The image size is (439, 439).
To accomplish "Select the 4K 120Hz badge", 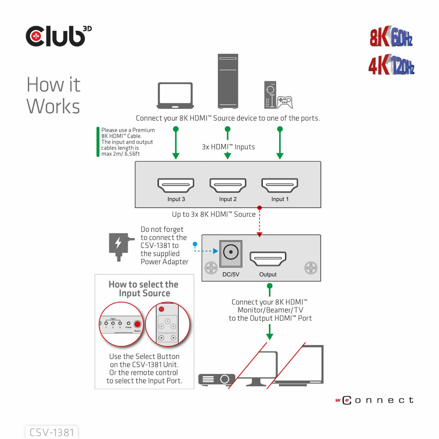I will pyautogui.click(x=391, y=65).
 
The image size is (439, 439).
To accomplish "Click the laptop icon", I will pyautogui.click(x=175, y=96).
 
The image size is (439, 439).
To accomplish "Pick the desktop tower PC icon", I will pyautogui.click(x=228, y=81).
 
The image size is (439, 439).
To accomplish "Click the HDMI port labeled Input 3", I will pyautogui.click(x=176, y=185).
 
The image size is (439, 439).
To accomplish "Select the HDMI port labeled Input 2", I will pyautogui.click(x=228, y=185).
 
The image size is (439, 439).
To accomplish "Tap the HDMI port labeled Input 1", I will pyautogui.click(x=280, y=185).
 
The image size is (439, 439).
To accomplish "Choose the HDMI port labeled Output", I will pyautogui.click(x=268, y=259).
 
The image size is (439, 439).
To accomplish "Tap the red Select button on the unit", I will pyautogui.click(x=137, y=325).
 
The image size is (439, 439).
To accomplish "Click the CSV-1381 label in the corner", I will pyautogui.click(x=52, y=432).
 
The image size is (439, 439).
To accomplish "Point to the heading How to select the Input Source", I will pyautogui.click(x=144, y=289).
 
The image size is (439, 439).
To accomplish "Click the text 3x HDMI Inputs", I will pyautogui.click(x=228, y=147).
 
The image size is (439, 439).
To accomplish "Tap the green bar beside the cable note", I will pyautogui.click(x=98, y=141).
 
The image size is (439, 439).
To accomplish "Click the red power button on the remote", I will pyautogui.click(x=161, y=309).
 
